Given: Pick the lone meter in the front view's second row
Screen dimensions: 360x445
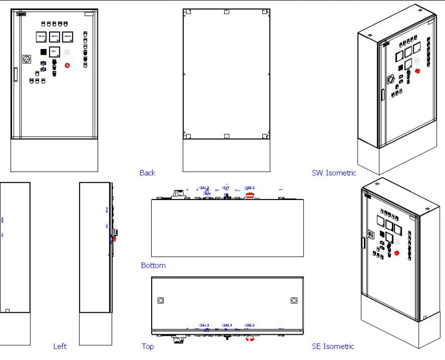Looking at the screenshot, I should (54, 52).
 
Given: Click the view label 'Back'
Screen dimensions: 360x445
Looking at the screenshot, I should (147, 173).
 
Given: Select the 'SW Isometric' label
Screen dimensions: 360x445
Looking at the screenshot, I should (334, 173).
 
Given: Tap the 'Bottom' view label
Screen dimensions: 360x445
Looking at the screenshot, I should (153, 265).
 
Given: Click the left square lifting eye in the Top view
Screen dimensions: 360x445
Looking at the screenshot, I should (161, 300).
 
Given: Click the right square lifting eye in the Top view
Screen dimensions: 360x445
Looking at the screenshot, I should (294, 300).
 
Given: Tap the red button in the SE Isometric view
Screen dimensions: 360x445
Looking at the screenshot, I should (397, 253).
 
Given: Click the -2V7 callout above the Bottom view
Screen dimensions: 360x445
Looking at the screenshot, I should (225, 187).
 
